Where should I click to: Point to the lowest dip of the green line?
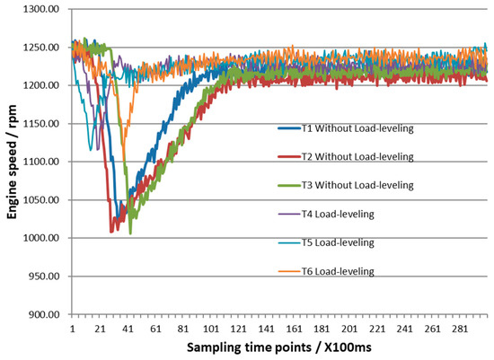[130, 233]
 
